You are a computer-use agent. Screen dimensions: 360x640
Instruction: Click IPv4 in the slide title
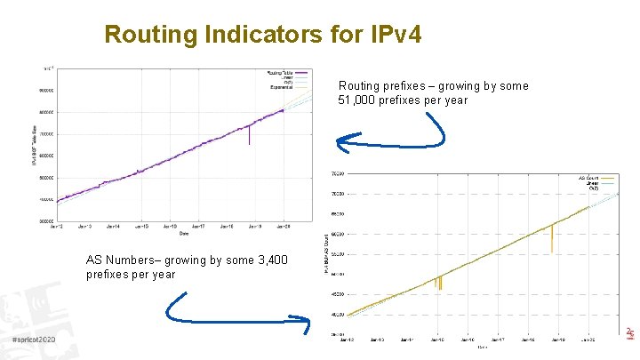click(390, 35)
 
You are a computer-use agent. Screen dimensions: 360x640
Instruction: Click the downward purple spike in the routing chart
click(249, 136)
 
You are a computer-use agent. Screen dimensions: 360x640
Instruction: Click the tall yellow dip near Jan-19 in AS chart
click(551, 238)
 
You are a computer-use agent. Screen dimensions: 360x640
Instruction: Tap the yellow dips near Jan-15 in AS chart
click(438, 283)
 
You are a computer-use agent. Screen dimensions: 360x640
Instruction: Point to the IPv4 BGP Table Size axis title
click(36, 146)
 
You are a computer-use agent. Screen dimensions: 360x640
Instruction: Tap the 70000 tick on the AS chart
click(338, 194)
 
